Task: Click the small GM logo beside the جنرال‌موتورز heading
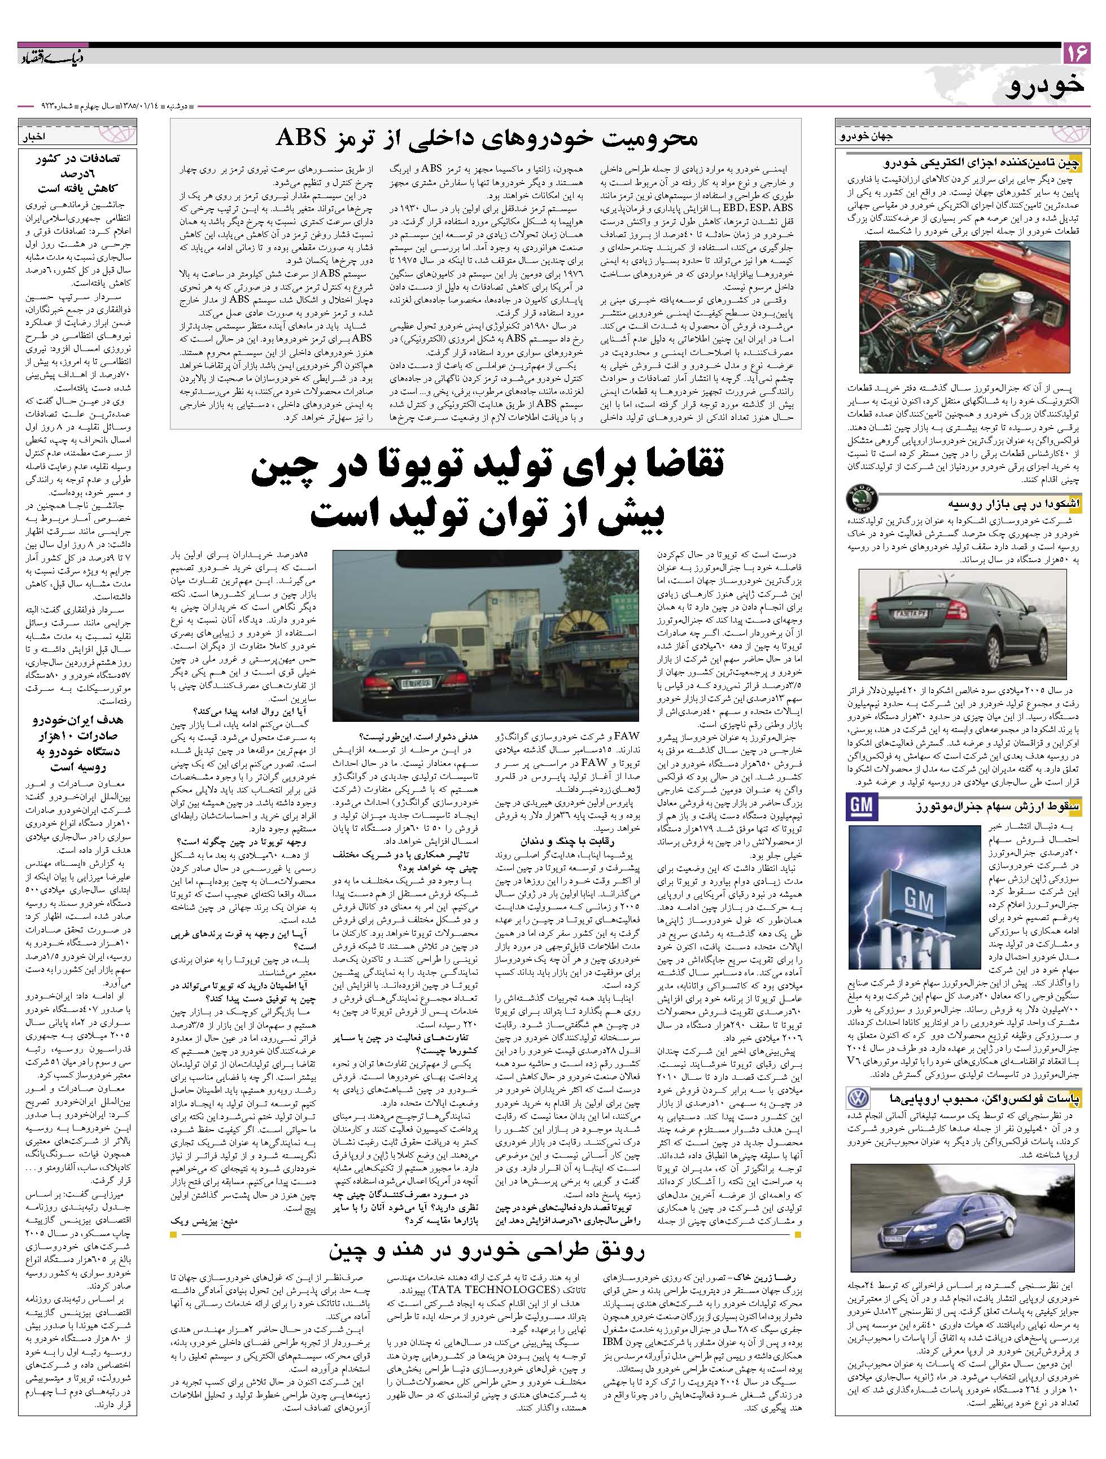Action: (x=860, y=805)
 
